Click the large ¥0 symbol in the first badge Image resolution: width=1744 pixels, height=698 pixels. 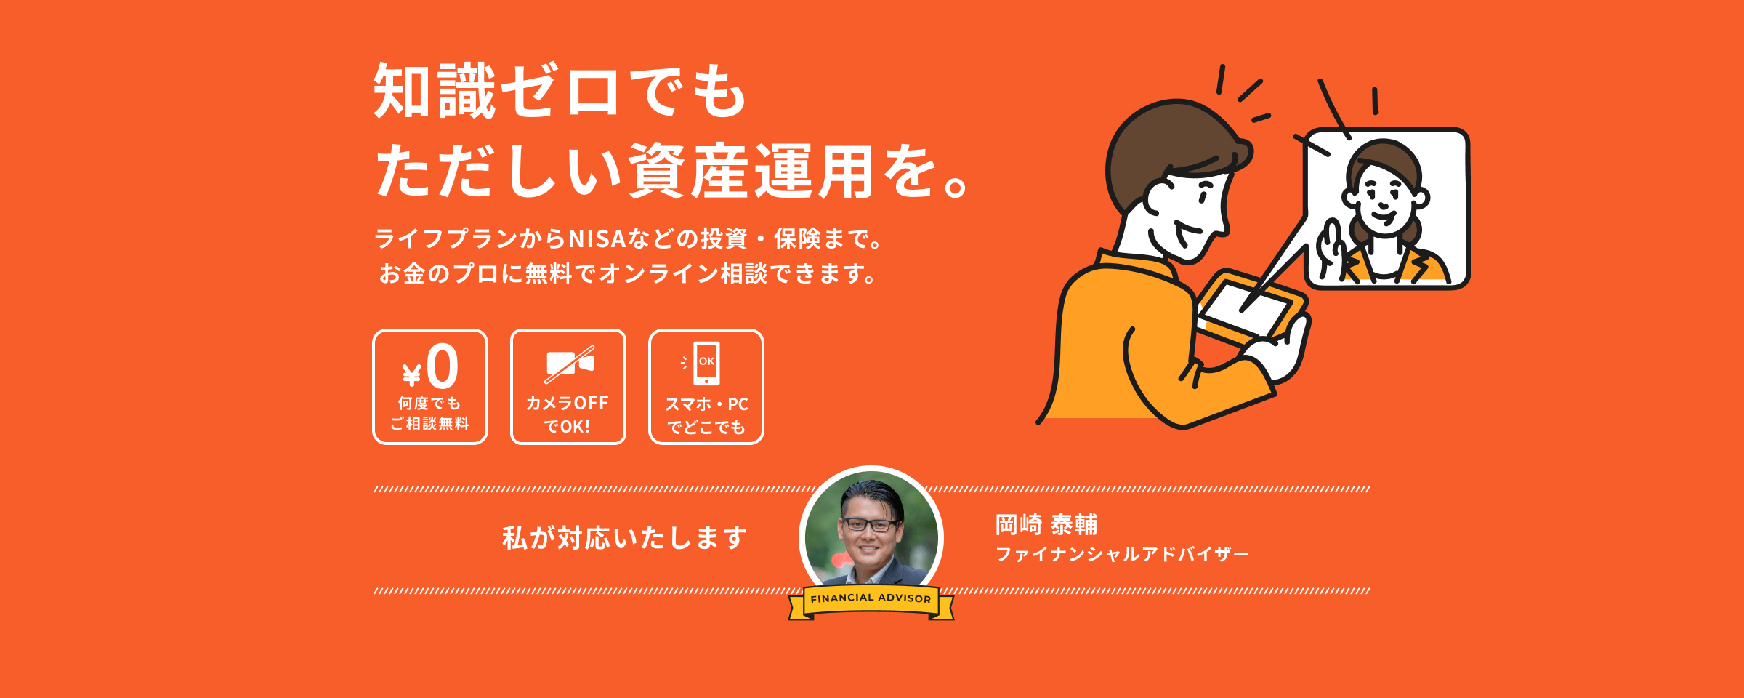click(x=431, y=367)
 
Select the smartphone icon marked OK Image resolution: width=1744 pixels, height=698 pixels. click(x=706, y=363)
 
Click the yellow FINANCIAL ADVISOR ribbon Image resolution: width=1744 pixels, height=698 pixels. click(x=871, y=602)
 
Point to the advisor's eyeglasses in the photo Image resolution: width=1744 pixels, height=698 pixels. click(x=870, y=524)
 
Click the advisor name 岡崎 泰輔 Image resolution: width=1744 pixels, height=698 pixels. click(x=1046, y=524)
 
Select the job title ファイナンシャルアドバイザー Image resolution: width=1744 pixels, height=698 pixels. click(x=1122, y=554)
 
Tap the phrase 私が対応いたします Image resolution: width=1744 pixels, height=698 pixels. click(x=625, y=538)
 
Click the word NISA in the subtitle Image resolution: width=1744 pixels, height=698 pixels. click(x=597, y=238)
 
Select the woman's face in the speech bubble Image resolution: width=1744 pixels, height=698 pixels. click(x=1385, y=197)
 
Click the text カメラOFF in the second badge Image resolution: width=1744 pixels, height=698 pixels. click(x=568, y=403)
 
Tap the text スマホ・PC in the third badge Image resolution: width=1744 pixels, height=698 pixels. click(x=706, y=404)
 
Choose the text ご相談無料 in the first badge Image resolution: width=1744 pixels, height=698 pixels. click(x=430, y=423)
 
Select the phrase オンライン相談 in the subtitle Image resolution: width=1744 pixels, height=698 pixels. click(x=683, y=274)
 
